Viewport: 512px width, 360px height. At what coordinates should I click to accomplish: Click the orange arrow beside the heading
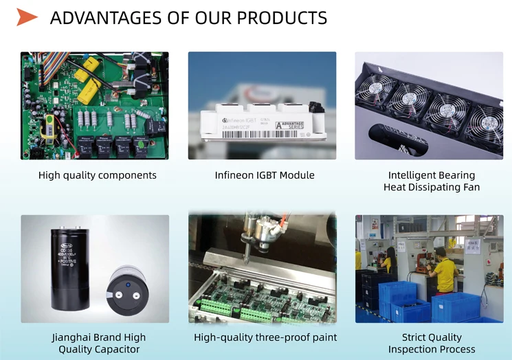[27, 17]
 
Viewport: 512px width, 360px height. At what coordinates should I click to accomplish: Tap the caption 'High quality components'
[97, 175]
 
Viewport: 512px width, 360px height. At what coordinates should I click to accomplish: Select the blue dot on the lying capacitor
[127, 283]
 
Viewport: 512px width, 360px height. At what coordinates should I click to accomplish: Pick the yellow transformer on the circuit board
[47, 127]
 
